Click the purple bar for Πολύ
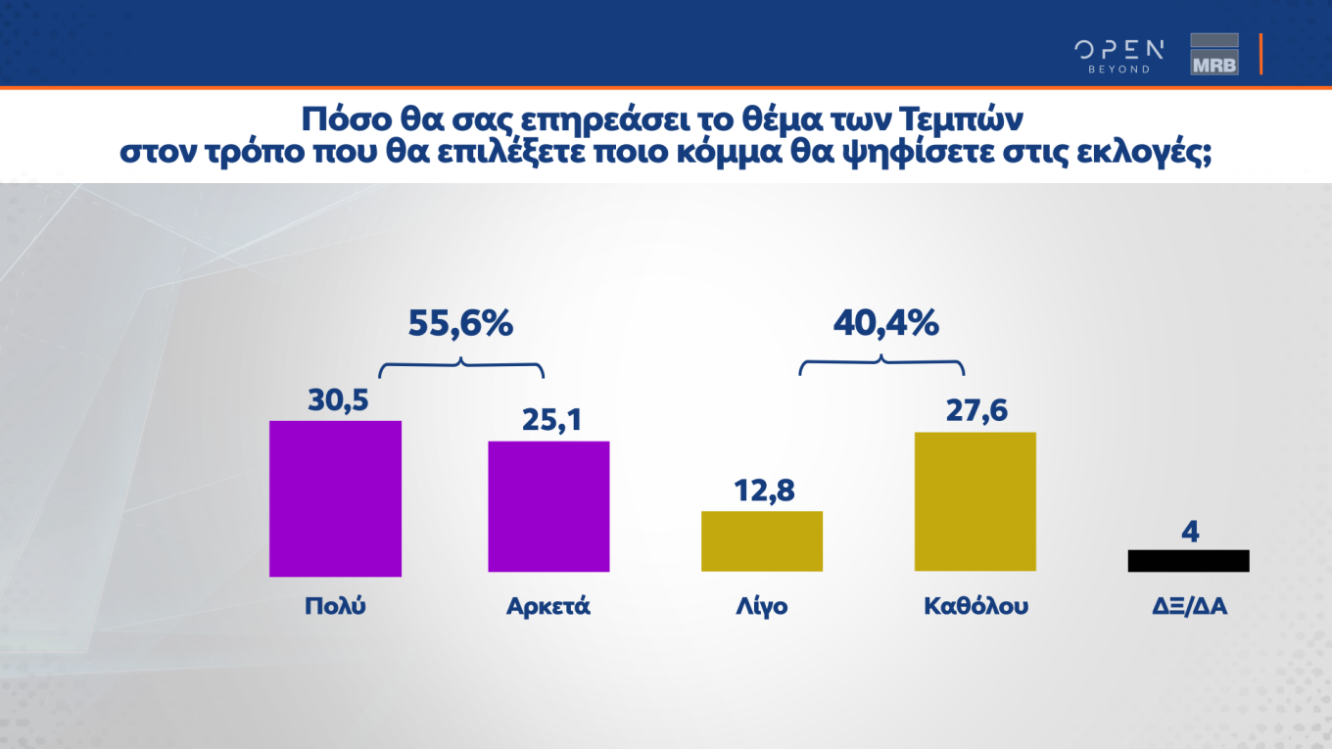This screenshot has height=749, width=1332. (x=335, y=498)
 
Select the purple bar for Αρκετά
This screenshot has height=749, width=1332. (x=548, y=506)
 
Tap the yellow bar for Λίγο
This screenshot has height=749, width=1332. (x=762, y=540)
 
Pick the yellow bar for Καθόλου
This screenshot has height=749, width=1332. (x=975, y=500)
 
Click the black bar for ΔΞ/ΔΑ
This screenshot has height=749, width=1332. (x=1188, y=560)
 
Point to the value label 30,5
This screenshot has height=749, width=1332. (x=335, y=399)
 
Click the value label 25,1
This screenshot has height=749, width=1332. (x=548, y=420)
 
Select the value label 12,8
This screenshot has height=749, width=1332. (x=762, y=490)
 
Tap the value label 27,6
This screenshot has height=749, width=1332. (x=975, y=410)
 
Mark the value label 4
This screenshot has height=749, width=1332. (x=1190, y=532)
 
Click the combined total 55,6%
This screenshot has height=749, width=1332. (x=460, y=323)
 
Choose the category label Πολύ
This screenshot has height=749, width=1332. (x=335, y=606)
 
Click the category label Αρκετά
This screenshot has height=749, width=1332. (x=548, y=606)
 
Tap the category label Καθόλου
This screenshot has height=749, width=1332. (x=975, y=606)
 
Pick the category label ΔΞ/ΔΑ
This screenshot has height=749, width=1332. (x=1189, y=606)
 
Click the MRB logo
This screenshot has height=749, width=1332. (x=1214, y=54)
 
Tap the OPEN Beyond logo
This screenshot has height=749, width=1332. (x=1118, y=56)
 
